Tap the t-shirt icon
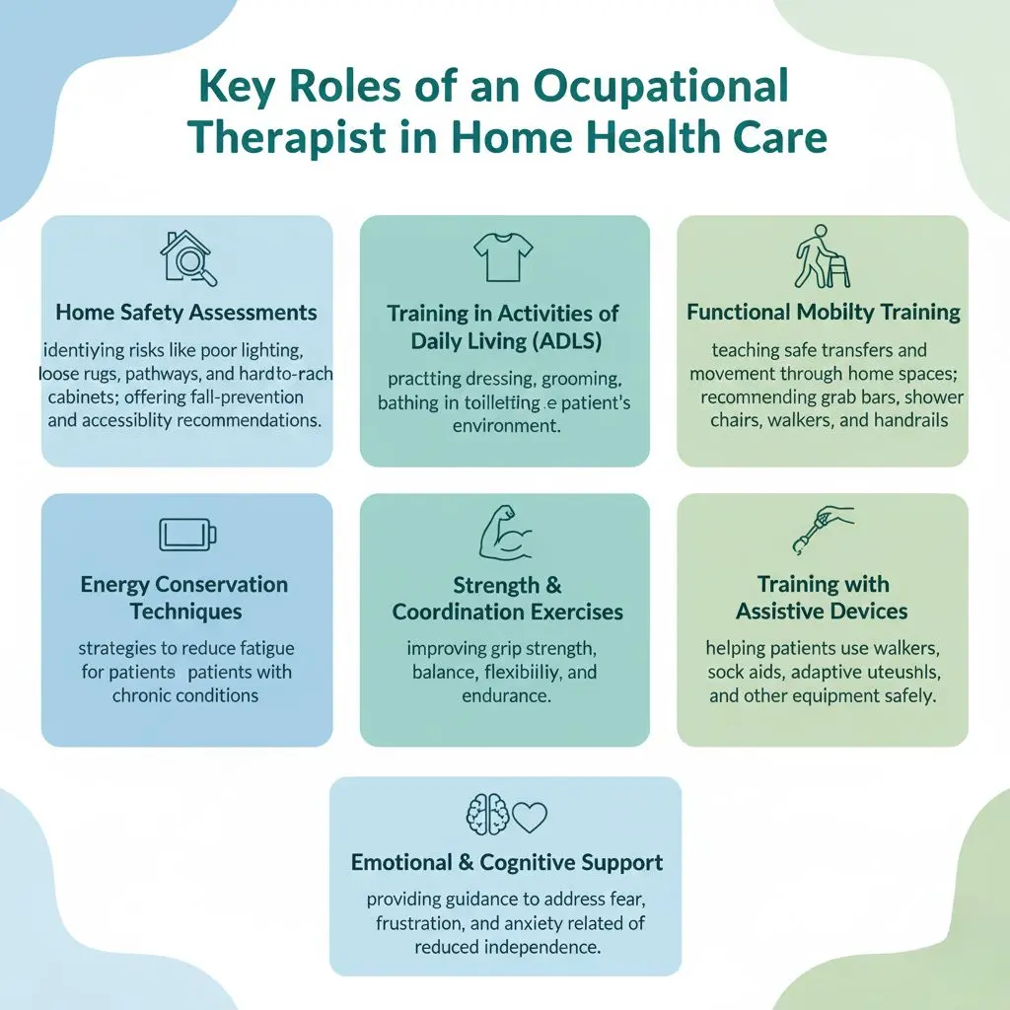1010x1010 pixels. pyautogui.click(x=503, y=257)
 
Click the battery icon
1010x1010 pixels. pyautogui.click(x=187, y=535)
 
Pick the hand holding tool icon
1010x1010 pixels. pyautogui.click(x=823, y=531)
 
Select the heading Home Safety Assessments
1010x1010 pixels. pyautogui.click(x=186, y=313)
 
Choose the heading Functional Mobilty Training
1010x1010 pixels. pyautogui.click(x=823, y=313)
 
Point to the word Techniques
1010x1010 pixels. pyautogui.click(x=185, y=612)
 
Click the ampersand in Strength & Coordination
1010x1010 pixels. pyautogui.click(x=551, y=586)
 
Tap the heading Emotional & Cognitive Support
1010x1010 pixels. pyautogui.click(x=507, y=862)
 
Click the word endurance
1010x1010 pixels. pyautogui.click(x=505, y=695)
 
